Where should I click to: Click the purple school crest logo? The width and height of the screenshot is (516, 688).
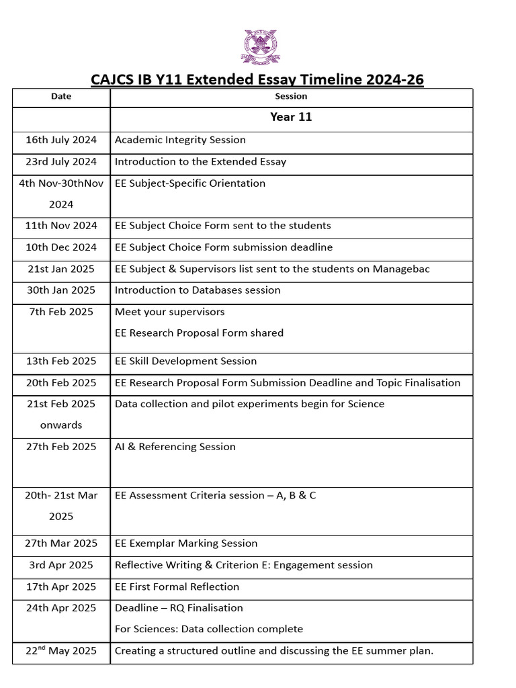259,47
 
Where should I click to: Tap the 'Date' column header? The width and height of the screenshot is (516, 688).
61,97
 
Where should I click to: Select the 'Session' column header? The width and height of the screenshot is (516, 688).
291,97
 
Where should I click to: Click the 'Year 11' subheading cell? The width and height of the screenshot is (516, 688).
291,118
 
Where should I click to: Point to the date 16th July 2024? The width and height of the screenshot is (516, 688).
61,140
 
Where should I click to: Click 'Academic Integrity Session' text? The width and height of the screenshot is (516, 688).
180,140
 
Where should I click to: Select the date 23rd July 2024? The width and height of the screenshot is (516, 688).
61,161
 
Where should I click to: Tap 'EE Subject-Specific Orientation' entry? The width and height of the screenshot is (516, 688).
190,183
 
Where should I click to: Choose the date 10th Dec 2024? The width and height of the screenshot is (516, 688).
61,247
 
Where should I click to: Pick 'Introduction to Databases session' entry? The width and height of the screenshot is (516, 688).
198,290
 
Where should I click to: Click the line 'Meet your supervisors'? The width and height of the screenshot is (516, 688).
170,312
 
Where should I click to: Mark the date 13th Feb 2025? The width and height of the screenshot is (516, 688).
61,361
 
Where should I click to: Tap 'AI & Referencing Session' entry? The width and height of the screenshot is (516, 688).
175,447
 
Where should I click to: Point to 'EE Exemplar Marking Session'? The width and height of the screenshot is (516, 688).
186,543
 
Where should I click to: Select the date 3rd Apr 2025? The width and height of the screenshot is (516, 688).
61,565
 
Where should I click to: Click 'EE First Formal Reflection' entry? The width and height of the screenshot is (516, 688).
177,587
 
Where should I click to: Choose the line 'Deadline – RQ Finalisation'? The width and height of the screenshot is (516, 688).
179,608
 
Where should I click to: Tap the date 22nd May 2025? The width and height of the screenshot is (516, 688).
61,650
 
